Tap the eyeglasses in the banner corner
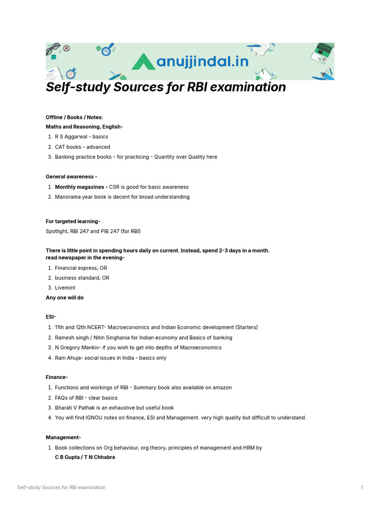click(x=53, y=49)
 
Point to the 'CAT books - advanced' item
click(x=83, y=147)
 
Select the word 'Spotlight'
click(x=57, y=231)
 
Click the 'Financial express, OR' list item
click(x=81, y=268)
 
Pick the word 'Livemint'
click(x=65, y=288)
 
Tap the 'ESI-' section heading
click(x=51, y=317)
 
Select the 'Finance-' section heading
click(x=57, y=377)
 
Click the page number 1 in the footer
click(x=362, y=488)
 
